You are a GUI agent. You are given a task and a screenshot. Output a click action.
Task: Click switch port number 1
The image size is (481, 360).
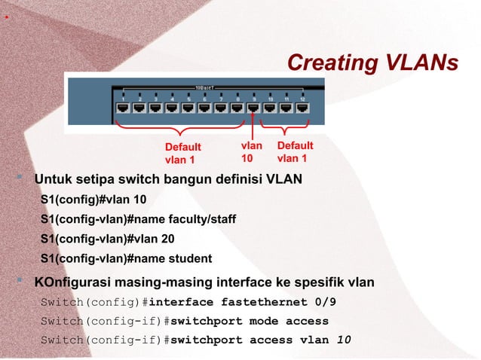click(122, 108)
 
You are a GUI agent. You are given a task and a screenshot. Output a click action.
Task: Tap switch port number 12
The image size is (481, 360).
click(303, 108)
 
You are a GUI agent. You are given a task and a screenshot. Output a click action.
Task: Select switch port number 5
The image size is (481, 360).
click(188, 108)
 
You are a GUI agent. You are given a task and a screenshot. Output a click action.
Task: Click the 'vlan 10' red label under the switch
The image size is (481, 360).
click(251, 151)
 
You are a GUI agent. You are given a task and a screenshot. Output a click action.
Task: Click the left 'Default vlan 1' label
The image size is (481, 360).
click(183, 153)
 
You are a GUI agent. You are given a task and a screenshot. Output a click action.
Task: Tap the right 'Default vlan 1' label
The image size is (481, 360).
click(295, 151)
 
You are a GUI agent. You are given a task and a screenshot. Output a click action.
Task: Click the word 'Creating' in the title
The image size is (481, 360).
click(329, 63)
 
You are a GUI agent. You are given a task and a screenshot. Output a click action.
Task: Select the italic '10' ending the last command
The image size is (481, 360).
click(343, 340)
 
